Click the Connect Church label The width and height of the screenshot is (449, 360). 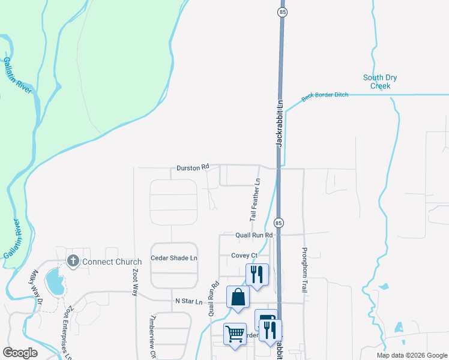point(112,262)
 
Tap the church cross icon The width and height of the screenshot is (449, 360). point(73,261)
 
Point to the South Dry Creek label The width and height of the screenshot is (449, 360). point(380,82)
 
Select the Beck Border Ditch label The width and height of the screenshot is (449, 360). point(325,95)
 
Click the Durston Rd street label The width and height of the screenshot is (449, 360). point(193,169)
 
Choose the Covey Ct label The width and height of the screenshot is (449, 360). point(244,256)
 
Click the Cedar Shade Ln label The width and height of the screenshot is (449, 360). point(173,258)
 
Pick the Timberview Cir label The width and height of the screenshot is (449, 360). point(153,336)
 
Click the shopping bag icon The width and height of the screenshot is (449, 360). point(238,297)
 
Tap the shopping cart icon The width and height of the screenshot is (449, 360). point(235,334)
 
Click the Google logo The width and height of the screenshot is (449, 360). point(20,353)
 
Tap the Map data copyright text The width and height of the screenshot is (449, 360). point(411,355)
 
